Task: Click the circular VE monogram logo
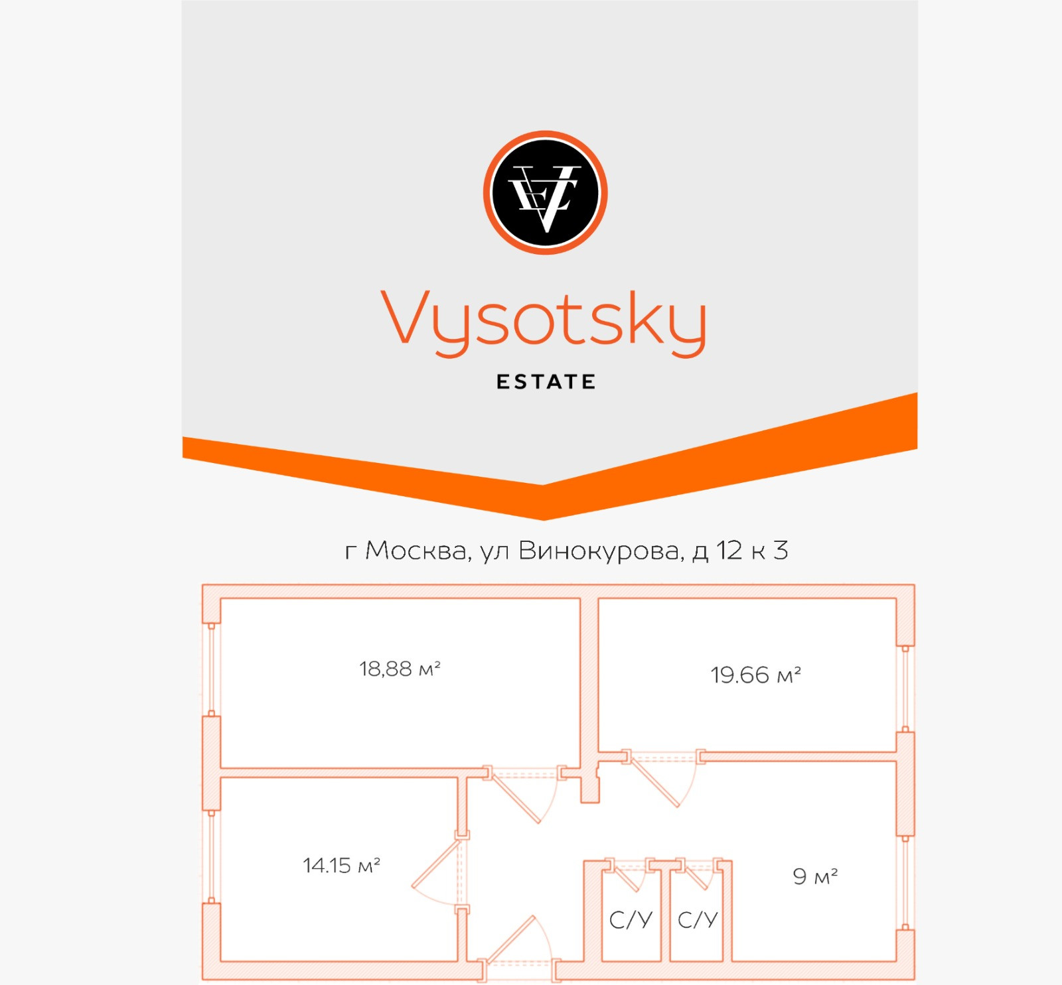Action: [x=545, y=192]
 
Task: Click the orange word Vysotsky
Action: [x=544, y=320]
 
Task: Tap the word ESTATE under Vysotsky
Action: [x=546, y=382]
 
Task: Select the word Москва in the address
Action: [x=416, y=551]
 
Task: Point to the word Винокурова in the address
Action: [x=599, y=551]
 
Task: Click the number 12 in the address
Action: [x=729, y=551]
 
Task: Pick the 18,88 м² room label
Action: [x=400, y=669]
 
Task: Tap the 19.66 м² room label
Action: [x=755, y=675]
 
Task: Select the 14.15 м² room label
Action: [x=341, y=865]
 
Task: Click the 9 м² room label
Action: [x=815, y=876]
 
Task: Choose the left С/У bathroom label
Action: [x=631, y=919]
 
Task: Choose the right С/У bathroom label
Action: [x=698, y=919]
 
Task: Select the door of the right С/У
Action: [x=697, y=876]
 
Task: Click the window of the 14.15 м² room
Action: [x=212, y=856]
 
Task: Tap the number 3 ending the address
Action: [x=781, y=551]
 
